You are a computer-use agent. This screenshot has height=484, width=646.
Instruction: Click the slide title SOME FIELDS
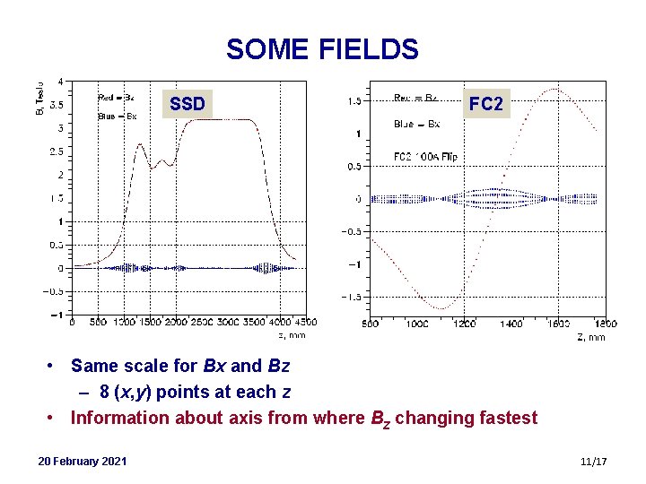click(x=322, y=48)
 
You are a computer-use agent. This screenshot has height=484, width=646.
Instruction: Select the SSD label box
click(x=188, y=105)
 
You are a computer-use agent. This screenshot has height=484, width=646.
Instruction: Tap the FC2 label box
click(x=485, y=105)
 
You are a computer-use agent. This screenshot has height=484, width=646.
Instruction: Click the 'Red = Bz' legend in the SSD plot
click(x=116, y=97)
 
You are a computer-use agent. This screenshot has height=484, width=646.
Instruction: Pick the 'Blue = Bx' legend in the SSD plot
click(x=117, y=117)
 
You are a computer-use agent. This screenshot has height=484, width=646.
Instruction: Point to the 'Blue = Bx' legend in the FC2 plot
click(x=416, y=124)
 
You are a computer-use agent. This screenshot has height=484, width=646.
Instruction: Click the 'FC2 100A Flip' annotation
click(x=425, y=157)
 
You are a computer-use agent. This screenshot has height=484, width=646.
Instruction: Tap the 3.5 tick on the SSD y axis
click(x=56, y=105)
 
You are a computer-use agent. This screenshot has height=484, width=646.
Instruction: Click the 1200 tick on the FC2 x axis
click(x=464, y=324)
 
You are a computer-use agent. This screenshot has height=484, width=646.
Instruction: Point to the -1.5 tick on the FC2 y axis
click(x=349, y=297)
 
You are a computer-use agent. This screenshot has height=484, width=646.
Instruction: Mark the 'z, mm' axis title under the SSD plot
click(x=292, y=335)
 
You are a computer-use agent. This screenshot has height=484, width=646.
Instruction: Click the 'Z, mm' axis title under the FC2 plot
click(x=590, y=337)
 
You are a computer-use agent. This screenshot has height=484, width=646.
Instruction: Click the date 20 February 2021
click(x=83, y=461)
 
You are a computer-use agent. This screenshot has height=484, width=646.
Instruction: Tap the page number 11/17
click(x=594, y=461)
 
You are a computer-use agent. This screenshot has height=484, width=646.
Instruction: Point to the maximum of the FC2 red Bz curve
click(x=556, y=89)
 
